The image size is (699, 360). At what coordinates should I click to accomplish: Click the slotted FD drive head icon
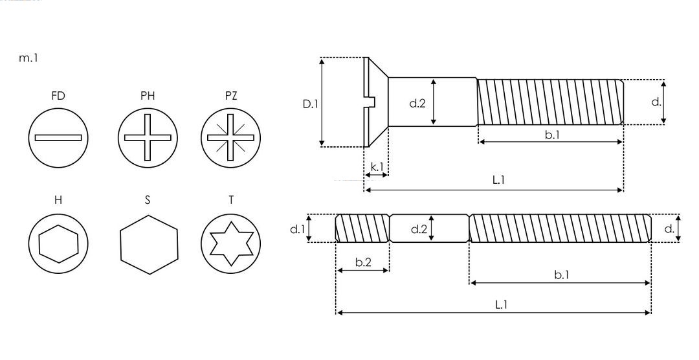pos(58,137)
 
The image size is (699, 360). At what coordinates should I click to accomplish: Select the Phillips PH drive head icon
pos(148,137)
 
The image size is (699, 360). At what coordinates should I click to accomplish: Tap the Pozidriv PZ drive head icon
pos(230,137)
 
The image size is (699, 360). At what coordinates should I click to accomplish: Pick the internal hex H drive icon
pos(58,243)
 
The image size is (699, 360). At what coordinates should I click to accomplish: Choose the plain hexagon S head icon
pos(148,244)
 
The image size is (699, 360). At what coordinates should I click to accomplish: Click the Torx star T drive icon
pos(230,243)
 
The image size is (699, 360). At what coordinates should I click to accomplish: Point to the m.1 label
pos(29,58)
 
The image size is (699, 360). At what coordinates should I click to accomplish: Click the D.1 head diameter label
pos(311,102)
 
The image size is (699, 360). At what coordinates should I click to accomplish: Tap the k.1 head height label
pos(377,166)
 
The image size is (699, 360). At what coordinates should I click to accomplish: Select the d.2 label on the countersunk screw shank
pos(417,102)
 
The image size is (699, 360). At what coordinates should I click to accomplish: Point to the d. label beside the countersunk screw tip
pos(656,102)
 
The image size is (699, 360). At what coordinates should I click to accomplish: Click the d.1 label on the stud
pos(296,229)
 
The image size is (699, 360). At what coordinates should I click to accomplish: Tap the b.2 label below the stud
pos(363,262)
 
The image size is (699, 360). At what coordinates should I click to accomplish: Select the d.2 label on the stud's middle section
pos(419,229)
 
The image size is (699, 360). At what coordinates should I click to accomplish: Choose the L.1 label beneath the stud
pos(500,304)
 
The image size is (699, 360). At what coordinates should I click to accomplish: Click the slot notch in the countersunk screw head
pos(371,102)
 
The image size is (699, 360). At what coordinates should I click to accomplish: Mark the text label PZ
pos(230,96)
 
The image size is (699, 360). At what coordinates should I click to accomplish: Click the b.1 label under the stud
pos(561,275)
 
